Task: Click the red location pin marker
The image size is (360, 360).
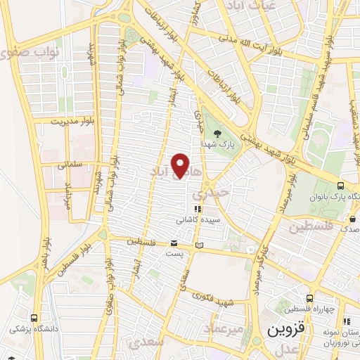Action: [x=181, y=165]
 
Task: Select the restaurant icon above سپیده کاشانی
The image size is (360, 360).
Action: [x=198, y=209]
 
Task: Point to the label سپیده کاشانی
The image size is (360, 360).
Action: [x=197, y=219]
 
